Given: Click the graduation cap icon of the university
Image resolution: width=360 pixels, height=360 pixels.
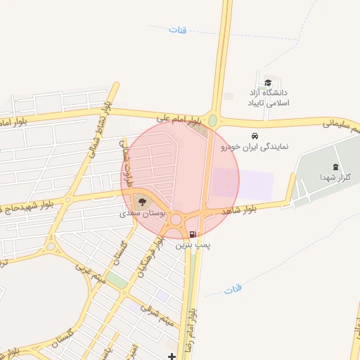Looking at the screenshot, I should click(x=268, y=81).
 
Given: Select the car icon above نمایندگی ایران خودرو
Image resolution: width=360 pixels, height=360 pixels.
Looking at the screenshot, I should click(x=254, y=136).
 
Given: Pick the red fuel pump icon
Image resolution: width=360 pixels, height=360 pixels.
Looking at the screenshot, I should click(x=193, y=234).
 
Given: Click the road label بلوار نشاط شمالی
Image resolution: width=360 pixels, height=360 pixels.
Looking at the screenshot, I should click(x=98, y=134).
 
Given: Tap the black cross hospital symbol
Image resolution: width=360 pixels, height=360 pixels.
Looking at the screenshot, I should click(x=173, y=356).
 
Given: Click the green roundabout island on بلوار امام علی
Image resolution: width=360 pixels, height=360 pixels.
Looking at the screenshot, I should click(x=212, y=120).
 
